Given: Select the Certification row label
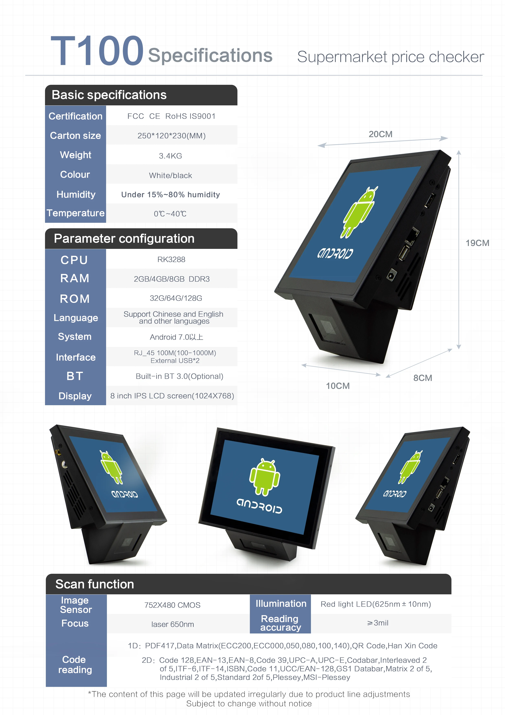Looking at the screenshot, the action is pyautogui.click(x=75, y=116).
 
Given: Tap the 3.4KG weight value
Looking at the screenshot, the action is pyautogui.click(x=170, y=156).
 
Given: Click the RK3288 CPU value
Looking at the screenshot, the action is pyautogui.click(x=171, y=259).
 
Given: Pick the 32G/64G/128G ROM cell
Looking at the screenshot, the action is pyautogui.click(x=176, y=298).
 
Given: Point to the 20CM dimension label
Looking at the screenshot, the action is pyautogui.click(x=380, y=134).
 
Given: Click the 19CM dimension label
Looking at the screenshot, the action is pyautogui.click(x=477, y=243).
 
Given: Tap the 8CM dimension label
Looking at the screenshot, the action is pyautogui.click(x=422, y=378).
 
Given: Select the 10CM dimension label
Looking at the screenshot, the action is pyautogui.click(x=338, y=386).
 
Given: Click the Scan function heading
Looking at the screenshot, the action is pyautogui.click(x=95, y=584).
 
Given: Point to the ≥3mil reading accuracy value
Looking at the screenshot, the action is pyautogui.click(x=378, y=623).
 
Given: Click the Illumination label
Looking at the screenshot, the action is pyautogui.click(x=281, y=604).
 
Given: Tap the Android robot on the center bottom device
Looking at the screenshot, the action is pyautogui.click(x=265, y=477).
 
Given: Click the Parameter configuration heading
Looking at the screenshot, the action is pyautogui.click(x=124, y=238).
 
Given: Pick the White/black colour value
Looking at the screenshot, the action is pyautogui.click(x=170, y=175).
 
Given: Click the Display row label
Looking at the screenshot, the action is pyautogui.click(x=75, y=396).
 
